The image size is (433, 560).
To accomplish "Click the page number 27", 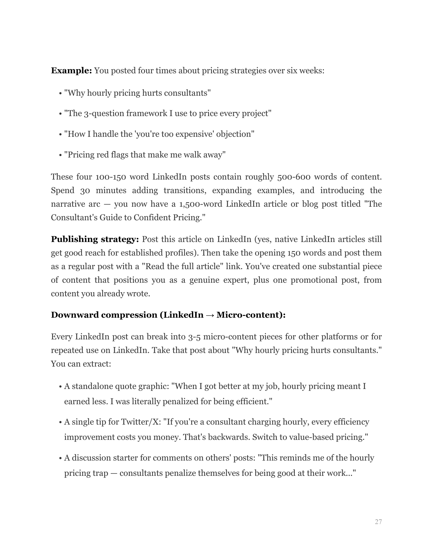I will pos(378,522).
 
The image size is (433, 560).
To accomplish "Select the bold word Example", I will pos(71,71).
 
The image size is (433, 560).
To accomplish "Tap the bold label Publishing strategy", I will pos(95,239).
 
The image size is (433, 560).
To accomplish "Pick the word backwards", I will pos(228,437).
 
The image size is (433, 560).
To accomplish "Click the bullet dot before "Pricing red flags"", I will pos(60,155).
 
